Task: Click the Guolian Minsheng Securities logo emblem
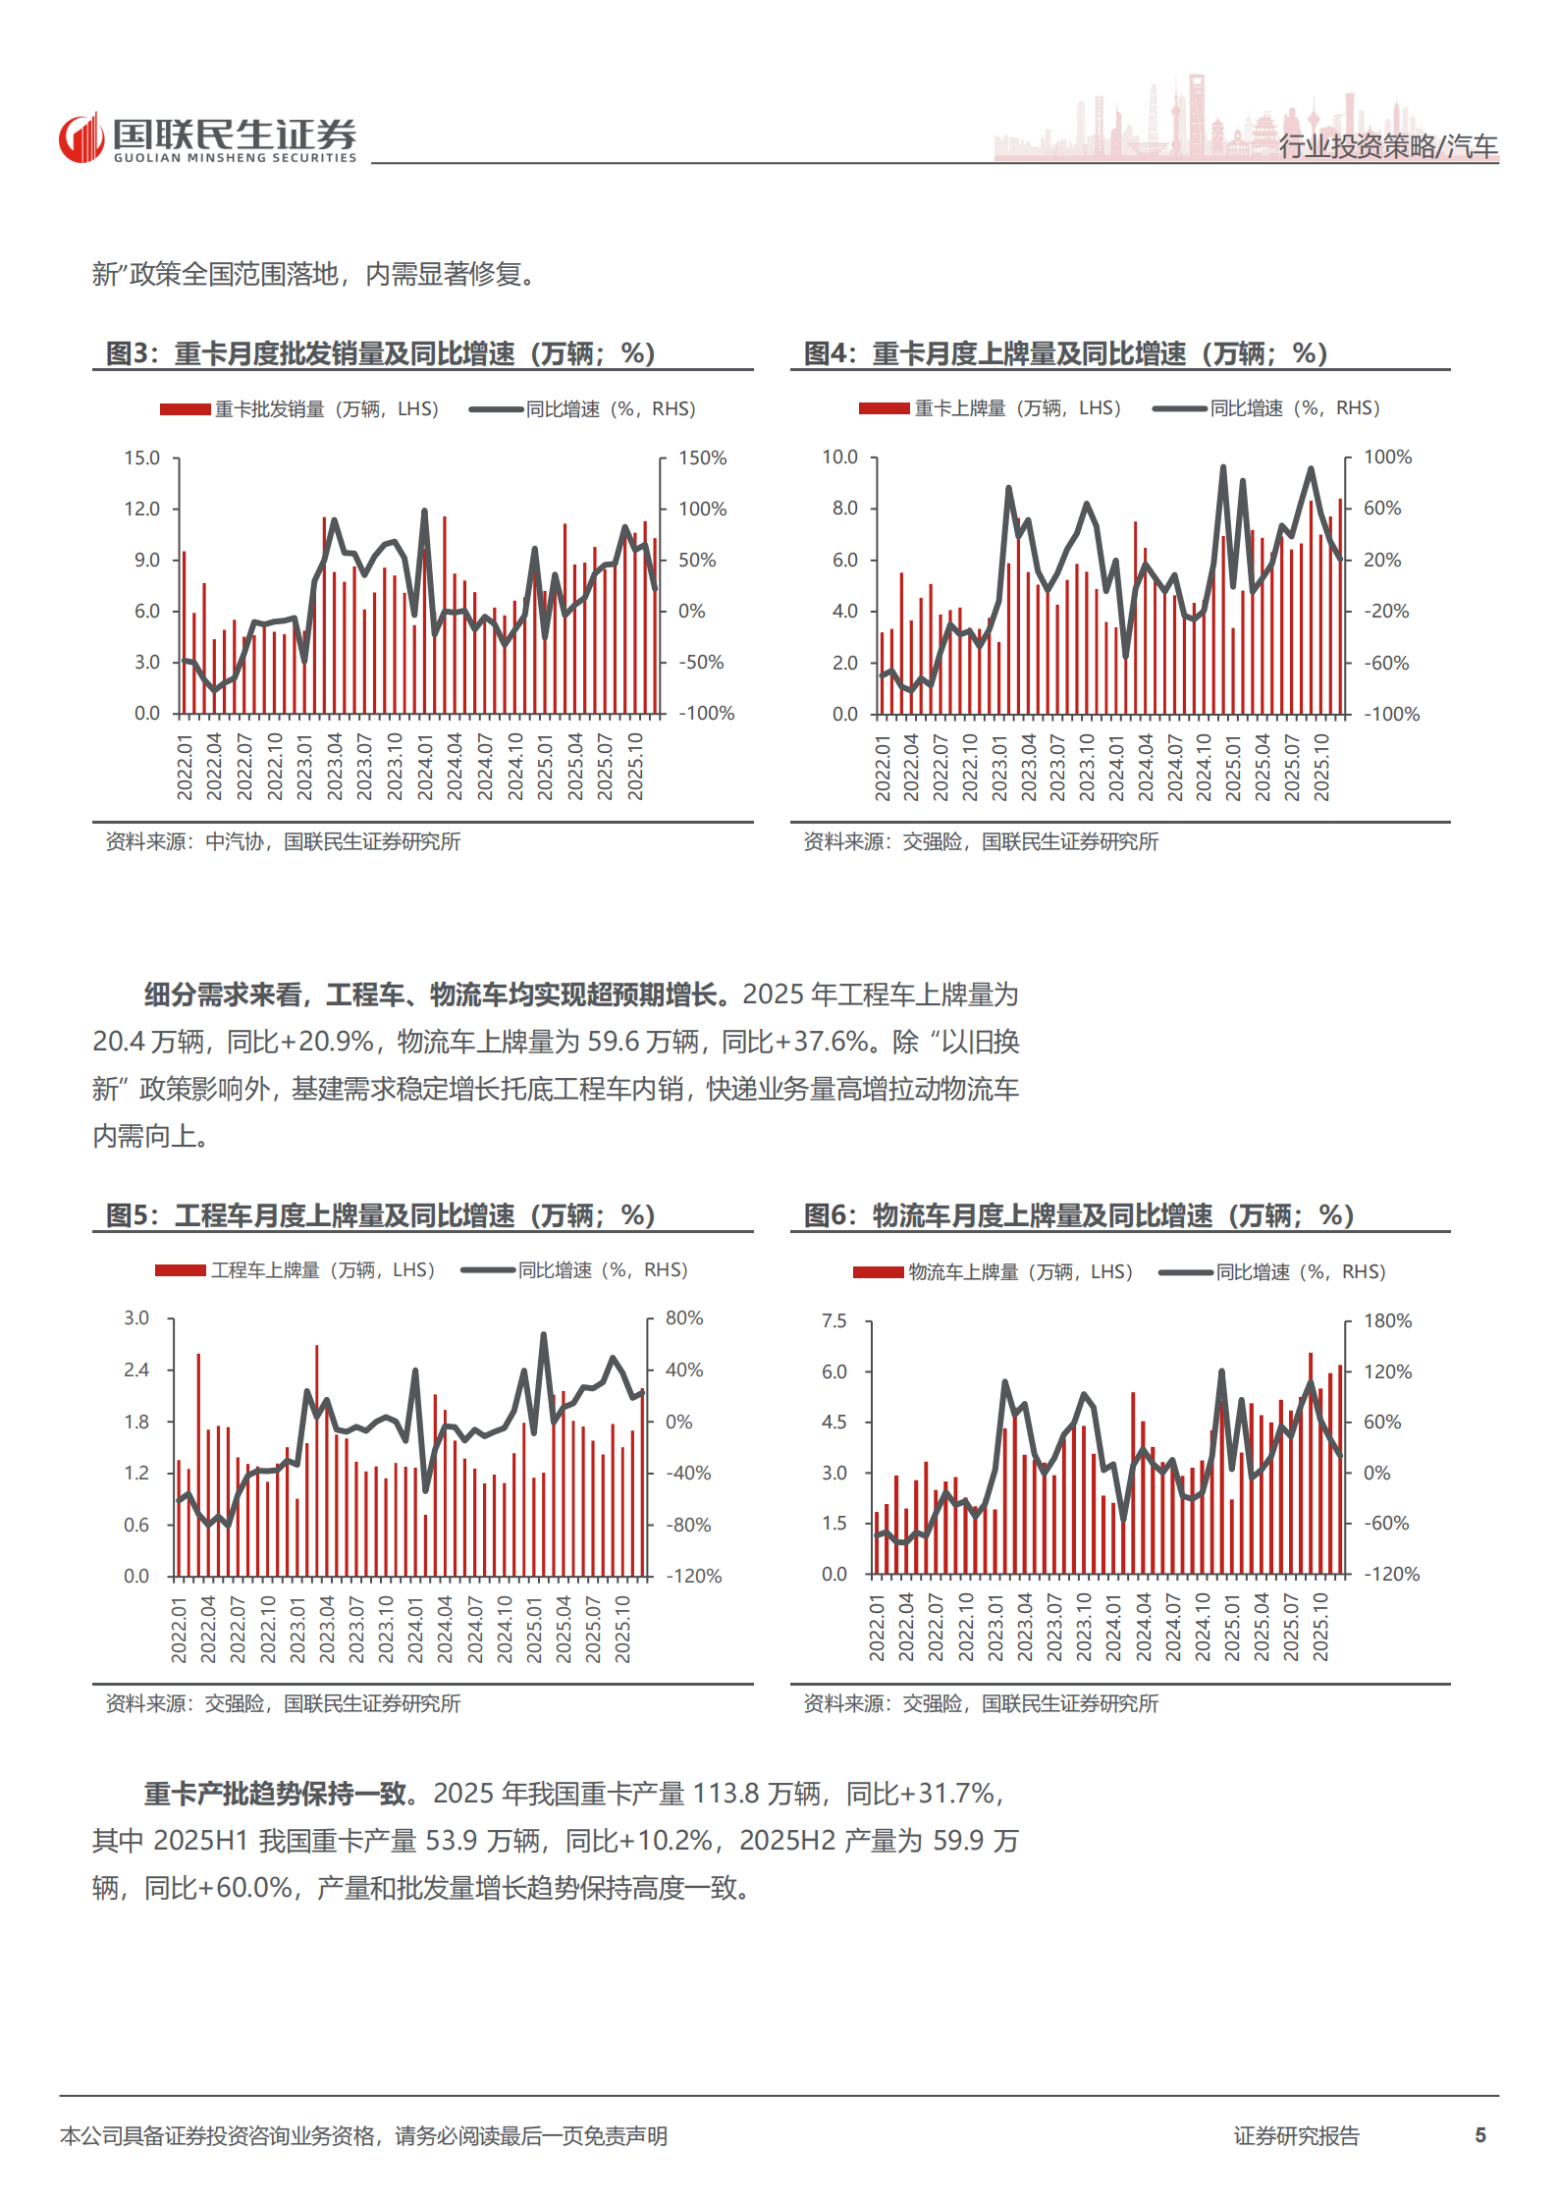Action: click(x=81, y=138)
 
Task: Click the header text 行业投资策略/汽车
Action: click(x=1387, y=146)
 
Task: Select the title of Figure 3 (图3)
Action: click(x=380, y=353)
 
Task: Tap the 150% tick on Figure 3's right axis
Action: click(x=703, y=458)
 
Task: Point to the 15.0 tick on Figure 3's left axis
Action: click(x=141, y=458)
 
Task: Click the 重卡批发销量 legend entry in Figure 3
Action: click(x=299, y=409)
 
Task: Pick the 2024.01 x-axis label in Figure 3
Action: click(x=425, y=767)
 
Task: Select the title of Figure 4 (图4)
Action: click(x=1065, y=353)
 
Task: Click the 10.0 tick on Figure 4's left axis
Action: click(x=839, y=457)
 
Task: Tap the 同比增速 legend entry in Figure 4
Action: click(x=1267, y=408)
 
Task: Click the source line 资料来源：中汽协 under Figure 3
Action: click(x=283, y=841)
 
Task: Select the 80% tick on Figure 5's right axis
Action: click(x=684, y=1318)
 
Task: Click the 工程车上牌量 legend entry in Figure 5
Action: click(x=296, y=1270)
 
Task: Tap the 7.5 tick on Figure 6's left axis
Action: click(x=834, y=1321)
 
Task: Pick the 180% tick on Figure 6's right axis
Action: click(x=1387, y=1321)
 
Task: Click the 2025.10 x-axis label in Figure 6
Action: click(x=1321, y=1627)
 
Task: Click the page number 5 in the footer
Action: click(x=1480, y=2135)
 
